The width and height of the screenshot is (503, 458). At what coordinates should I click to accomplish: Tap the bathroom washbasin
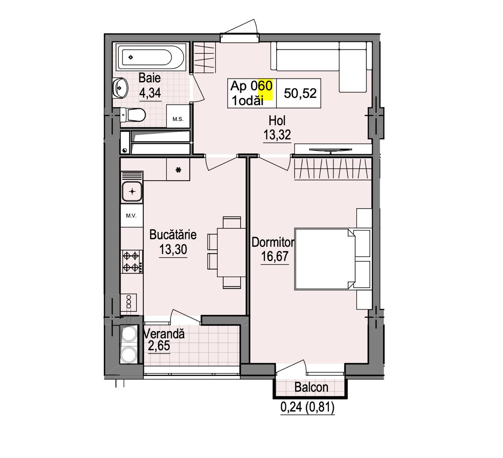click(x=120, y=88)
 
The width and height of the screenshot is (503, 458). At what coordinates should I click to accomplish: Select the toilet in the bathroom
click(x=132, y=115)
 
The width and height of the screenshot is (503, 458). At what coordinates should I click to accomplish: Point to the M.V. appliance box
click(x=132, y=216)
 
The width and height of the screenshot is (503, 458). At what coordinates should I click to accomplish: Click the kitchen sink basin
click(x=132, y=192)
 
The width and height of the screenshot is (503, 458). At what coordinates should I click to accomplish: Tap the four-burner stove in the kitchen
click(x=132, y=262)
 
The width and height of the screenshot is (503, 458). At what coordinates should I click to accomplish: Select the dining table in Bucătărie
click(x=231, y=252)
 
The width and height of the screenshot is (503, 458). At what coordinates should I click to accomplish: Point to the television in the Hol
click(x=330, y=150)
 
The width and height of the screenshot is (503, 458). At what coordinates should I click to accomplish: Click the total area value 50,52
click(x=300, y=93)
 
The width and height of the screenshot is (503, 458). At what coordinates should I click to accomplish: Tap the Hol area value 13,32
click(x=277, y=135)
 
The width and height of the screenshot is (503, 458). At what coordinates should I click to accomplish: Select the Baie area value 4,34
click(x=150, y=93)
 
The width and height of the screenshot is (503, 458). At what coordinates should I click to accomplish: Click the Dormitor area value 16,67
click(x=275, y=256)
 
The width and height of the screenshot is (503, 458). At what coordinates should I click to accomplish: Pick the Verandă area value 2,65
click(x=159, y=346)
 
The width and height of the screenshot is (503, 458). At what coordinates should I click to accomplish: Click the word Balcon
click(x=311, y=387)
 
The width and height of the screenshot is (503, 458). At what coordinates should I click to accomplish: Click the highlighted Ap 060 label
click(x=251, y=86)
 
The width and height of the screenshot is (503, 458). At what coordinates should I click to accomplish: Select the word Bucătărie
click(x=173, y=234)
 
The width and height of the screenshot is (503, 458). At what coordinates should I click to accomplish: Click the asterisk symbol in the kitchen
click(x=178, y=170)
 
